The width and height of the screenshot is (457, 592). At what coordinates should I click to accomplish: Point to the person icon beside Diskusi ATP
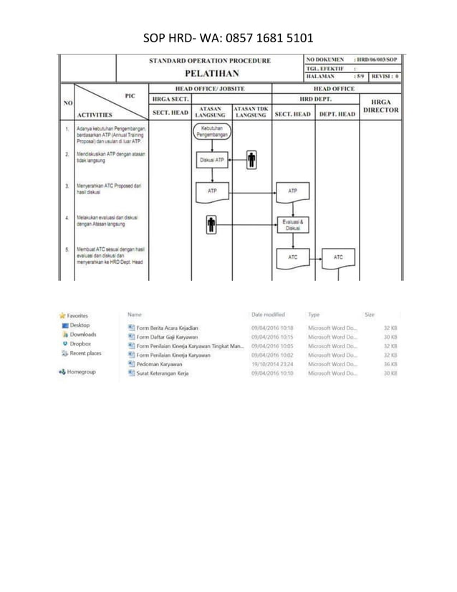click(251, 160)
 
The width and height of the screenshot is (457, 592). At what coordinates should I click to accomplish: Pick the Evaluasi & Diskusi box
click(292, 225)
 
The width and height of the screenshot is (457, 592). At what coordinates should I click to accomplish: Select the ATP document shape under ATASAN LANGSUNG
click(211, 192)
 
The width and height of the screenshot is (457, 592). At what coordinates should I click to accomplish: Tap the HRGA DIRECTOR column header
click(381, 107)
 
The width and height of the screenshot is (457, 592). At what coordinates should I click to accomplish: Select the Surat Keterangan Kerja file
click(165, 373)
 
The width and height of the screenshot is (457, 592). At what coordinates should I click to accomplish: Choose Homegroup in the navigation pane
click(82, 372)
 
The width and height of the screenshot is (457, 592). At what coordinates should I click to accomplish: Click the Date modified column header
click(268, 314)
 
